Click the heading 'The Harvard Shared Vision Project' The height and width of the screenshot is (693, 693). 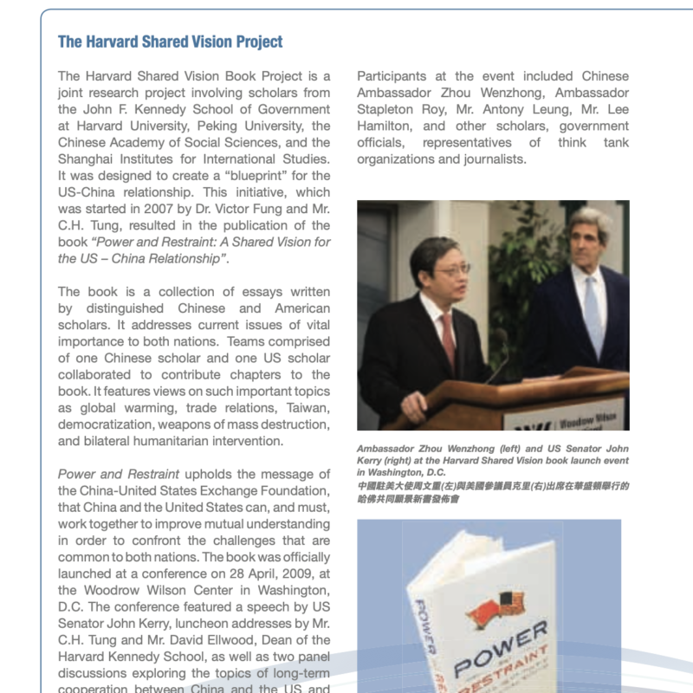(170, 42)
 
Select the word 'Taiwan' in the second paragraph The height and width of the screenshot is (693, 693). (307, 408)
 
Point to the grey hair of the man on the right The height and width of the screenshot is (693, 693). (590, 220)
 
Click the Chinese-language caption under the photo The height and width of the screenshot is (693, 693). (493, 494)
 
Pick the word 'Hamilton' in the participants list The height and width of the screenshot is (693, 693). (389, 126)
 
